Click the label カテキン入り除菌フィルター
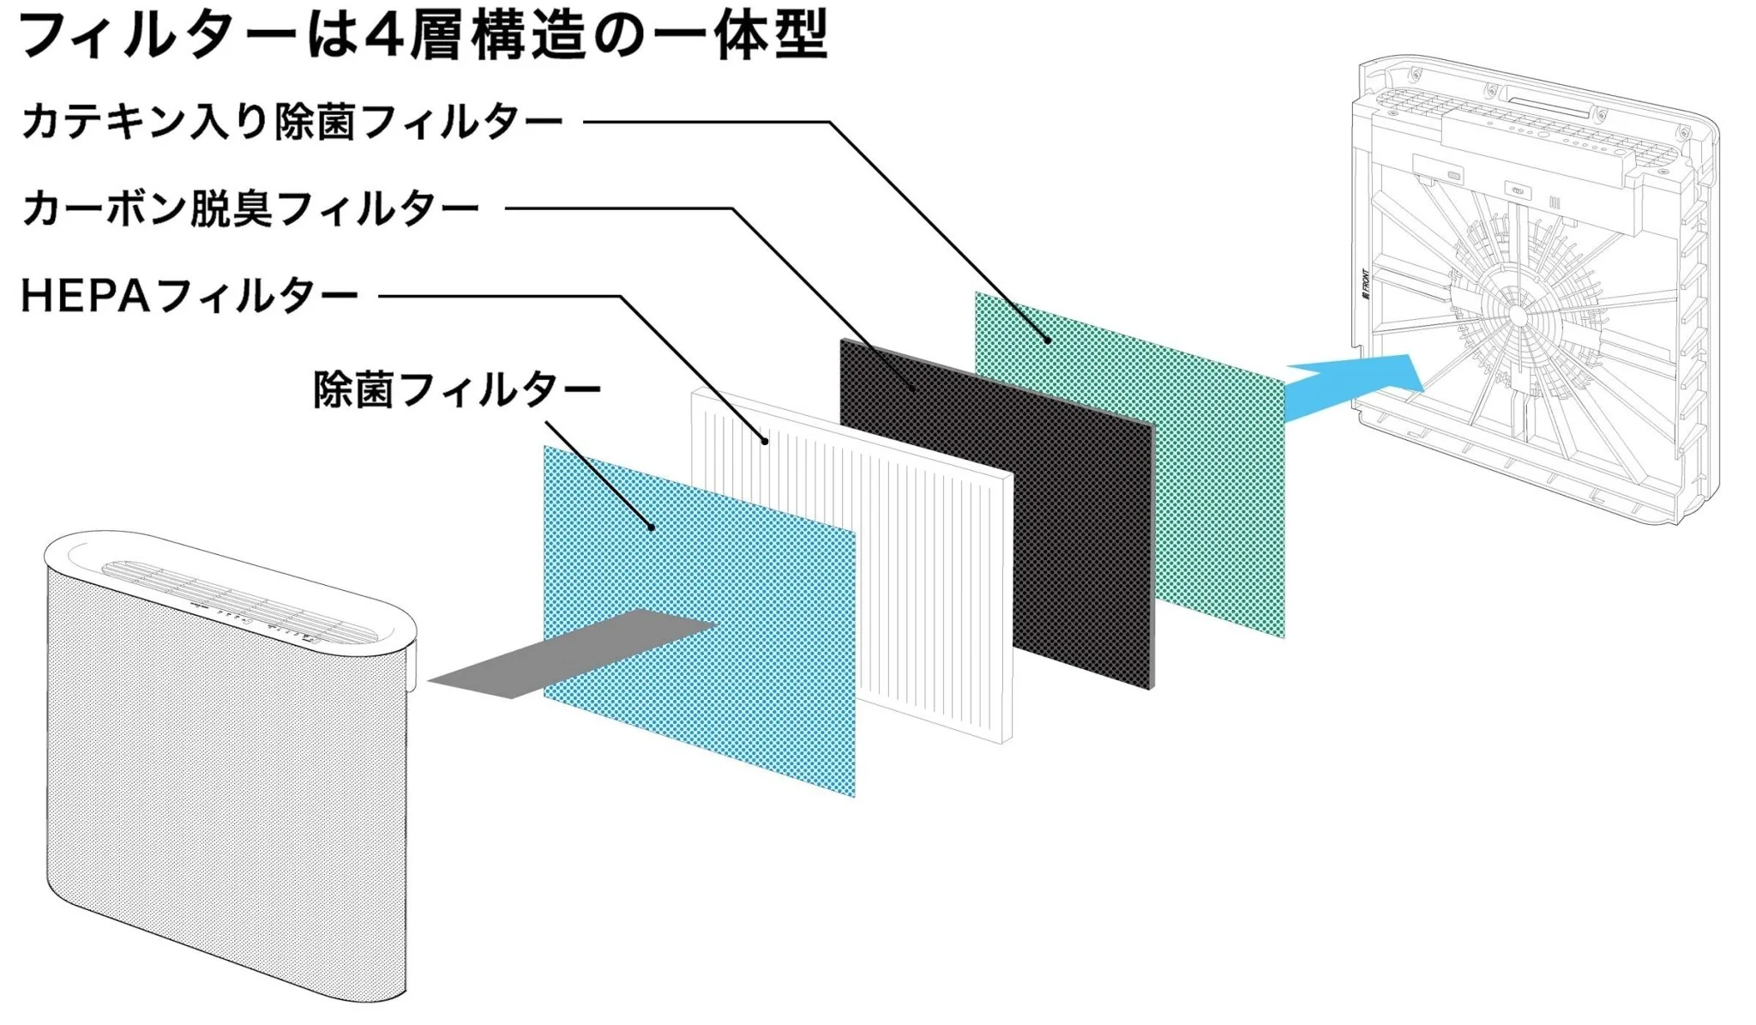292,122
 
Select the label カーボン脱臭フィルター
250,208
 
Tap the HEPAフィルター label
189,296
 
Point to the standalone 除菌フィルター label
457,390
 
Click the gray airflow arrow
573,654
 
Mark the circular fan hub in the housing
1517,315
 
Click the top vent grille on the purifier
240,601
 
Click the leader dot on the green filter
1048,341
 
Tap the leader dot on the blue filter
652,527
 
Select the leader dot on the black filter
914,389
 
